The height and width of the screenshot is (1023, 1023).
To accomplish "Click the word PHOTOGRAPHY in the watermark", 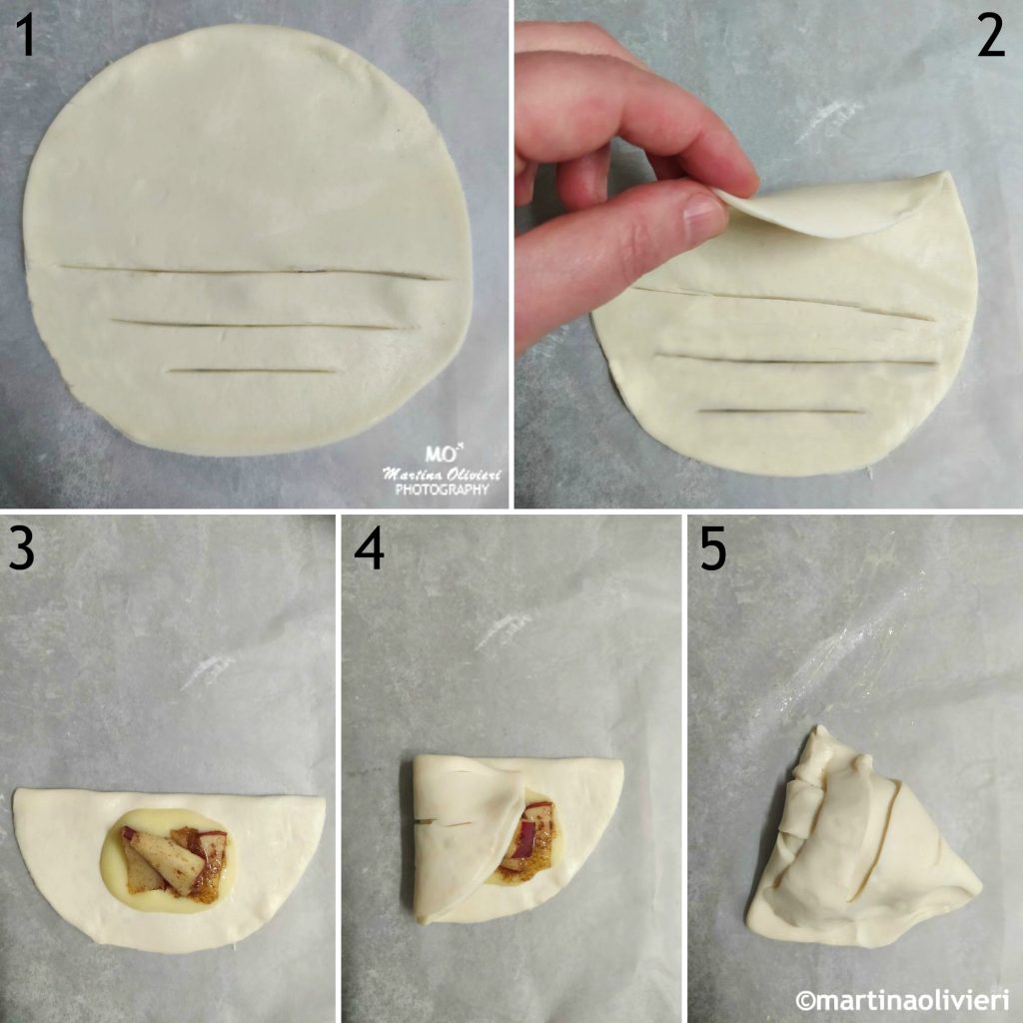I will [x=442, y=490].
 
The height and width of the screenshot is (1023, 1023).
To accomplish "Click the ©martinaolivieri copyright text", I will [x=901, y=999].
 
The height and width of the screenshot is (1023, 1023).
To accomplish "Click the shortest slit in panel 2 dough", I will [x=781, y=411].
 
